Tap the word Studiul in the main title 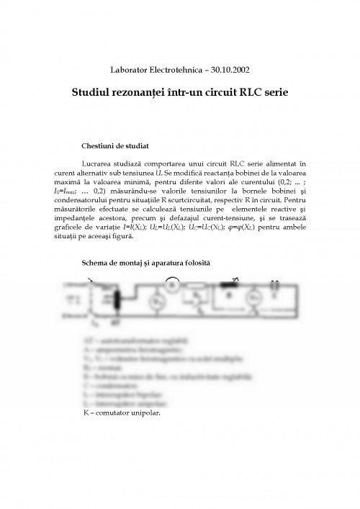point(94,94)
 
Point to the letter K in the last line point(87,415)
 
